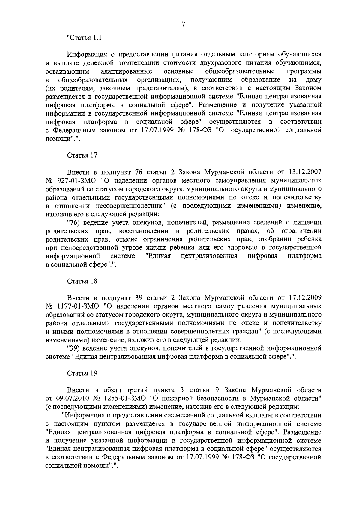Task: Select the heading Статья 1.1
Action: (84, 38)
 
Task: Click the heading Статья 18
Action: (82, 281)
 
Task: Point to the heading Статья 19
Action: (82, 373)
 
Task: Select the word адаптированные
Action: (126, 71)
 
